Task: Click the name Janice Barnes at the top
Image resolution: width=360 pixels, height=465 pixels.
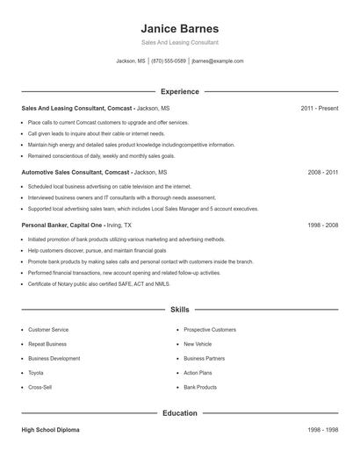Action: [179, 28]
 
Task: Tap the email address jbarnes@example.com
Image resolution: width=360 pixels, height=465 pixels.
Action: [217, 61]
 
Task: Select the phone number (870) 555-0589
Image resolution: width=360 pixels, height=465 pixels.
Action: [169, 61]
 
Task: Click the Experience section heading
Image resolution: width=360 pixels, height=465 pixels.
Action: [179, 91]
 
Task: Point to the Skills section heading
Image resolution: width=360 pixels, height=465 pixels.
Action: [179, 310]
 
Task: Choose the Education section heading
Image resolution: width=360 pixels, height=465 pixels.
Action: [179, 412]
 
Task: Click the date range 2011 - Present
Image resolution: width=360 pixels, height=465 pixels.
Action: [319, 108]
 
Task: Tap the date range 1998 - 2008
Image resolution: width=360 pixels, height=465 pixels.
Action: [322, 225]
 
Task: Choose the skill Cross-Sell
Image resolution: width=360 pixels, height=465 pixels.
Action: [40, 387]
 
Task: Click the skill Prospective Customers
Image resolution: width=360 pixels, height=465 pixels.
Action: [210, 330]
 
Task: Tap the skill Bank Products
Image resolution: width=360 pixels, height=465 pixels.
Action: [200, 387]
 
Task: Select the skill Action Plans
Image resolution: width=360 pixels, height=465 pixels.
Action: [198, 373]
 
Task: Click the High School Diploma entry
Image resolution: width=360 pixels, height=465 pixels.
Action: [51, 430]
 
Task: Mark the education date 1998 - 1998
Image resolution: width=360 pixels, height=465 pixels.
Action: [322, 430]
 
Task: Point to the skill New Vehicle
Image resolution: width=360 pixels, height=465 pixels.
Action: [198, 344]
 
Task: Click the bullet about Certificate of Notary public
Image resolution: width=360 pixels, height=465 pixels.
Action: [97, 284]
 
